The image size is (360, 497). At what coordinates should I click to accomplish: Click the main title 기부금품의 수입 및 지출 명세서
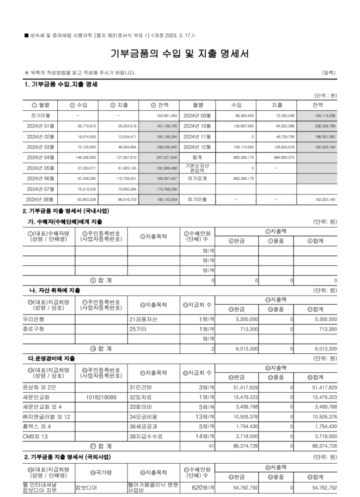click(180, 54)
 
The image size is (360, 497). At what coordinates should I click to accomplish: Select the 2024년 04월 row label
click(41, 158)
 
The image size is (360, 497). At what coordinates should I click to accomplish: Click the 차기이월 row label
click(197, 200)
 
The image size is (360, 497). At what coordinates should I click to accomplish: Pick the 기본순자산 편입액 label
click(197, 168)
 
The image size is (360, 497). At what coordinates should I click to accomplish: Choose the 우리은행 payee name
click(33, 319)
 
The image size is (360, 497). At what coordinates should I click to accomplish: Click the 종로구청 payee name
click(33, 329)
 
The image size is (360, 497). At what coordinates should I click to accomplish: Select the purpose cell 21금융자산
click(144, 319)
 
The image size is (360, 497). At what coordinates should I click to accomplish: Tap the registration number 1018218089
click(102, 397)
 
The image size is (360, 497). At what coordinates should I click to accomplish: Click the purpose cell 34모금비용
click(144, 417)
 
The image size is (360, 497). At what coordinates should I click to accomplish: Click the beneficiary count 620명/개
click(203, 487)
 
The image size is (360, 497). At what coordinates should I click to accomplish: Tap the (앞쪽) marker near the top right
click(329, 73)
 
